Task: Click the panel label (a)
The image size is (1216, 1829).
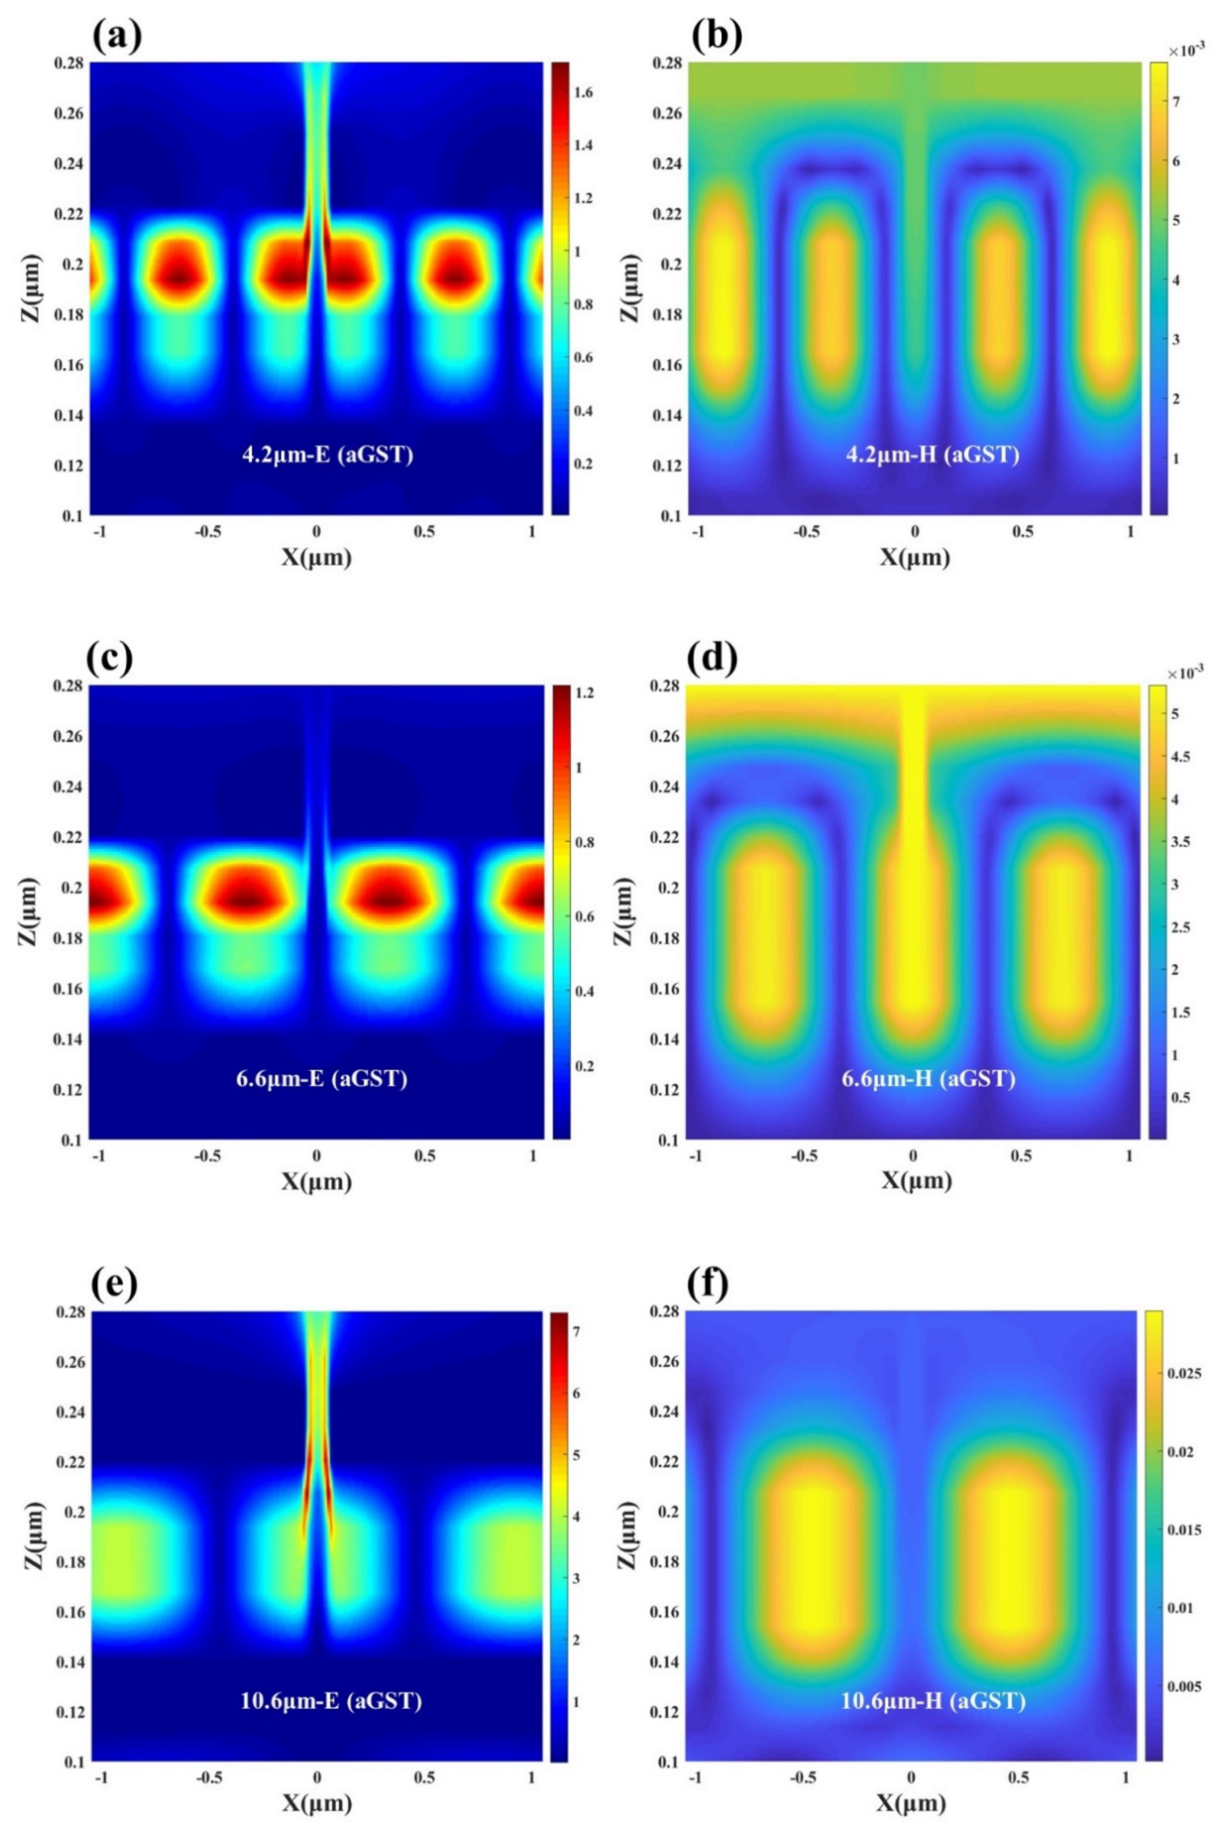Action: tap(116, 35)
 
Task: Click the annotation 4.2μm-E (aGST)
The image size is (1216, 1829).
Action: tap(327, 454)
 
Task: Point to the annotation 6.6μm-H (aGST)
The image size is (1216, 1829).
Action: tap(928, 1078)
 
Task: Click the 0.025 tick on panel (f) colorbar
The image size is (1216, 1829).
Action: tap(1185, 1373)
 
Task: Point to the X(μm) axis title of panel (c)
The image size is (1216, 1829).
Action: tap(317, 1181)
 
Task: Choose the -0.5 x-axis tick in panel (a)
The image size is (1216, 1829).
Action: tap(207, 533)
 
